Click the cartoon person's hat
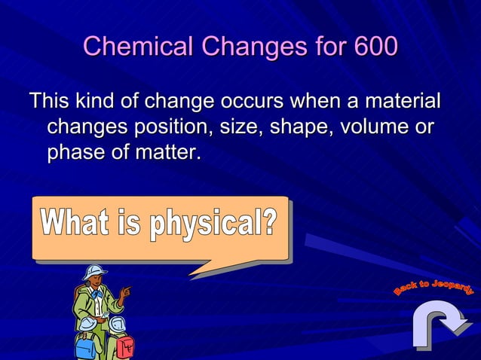(95, 272)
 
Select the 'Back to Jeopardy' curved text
(434, 287)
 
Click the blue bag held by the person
(85, 344)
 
